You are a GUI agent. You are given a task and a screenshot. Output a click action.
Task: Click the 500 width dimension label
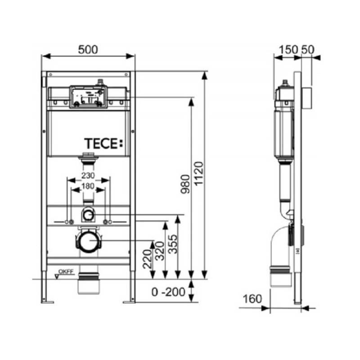pos(88,50)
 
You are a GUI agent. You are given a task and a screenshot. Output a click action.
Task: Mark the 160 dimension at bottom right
pos(252,298)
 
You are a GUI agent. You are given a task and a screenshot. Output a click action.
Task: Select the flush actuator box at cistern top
pos(88,97)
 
